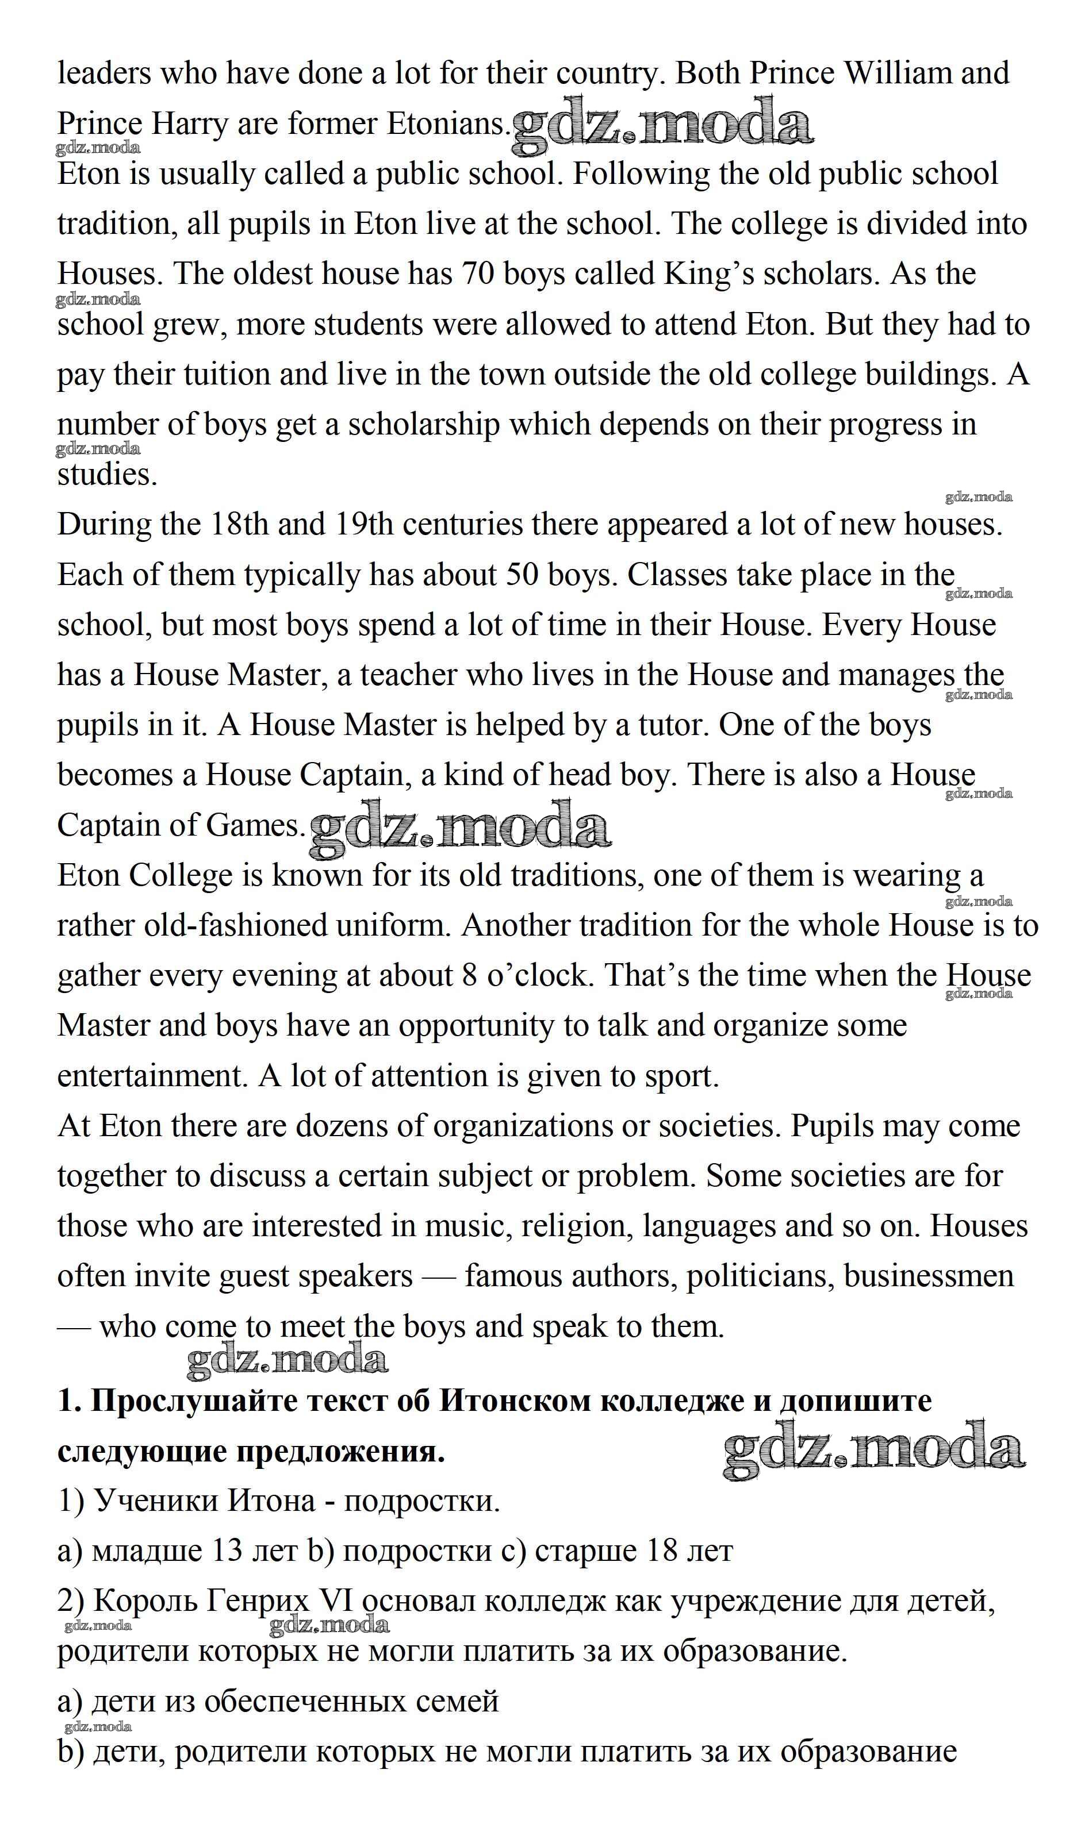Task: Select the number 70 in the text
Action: coord(477,275)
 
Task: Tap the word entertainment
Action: coord(153,1077)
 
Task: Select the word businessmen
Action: coord(929,1276)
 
